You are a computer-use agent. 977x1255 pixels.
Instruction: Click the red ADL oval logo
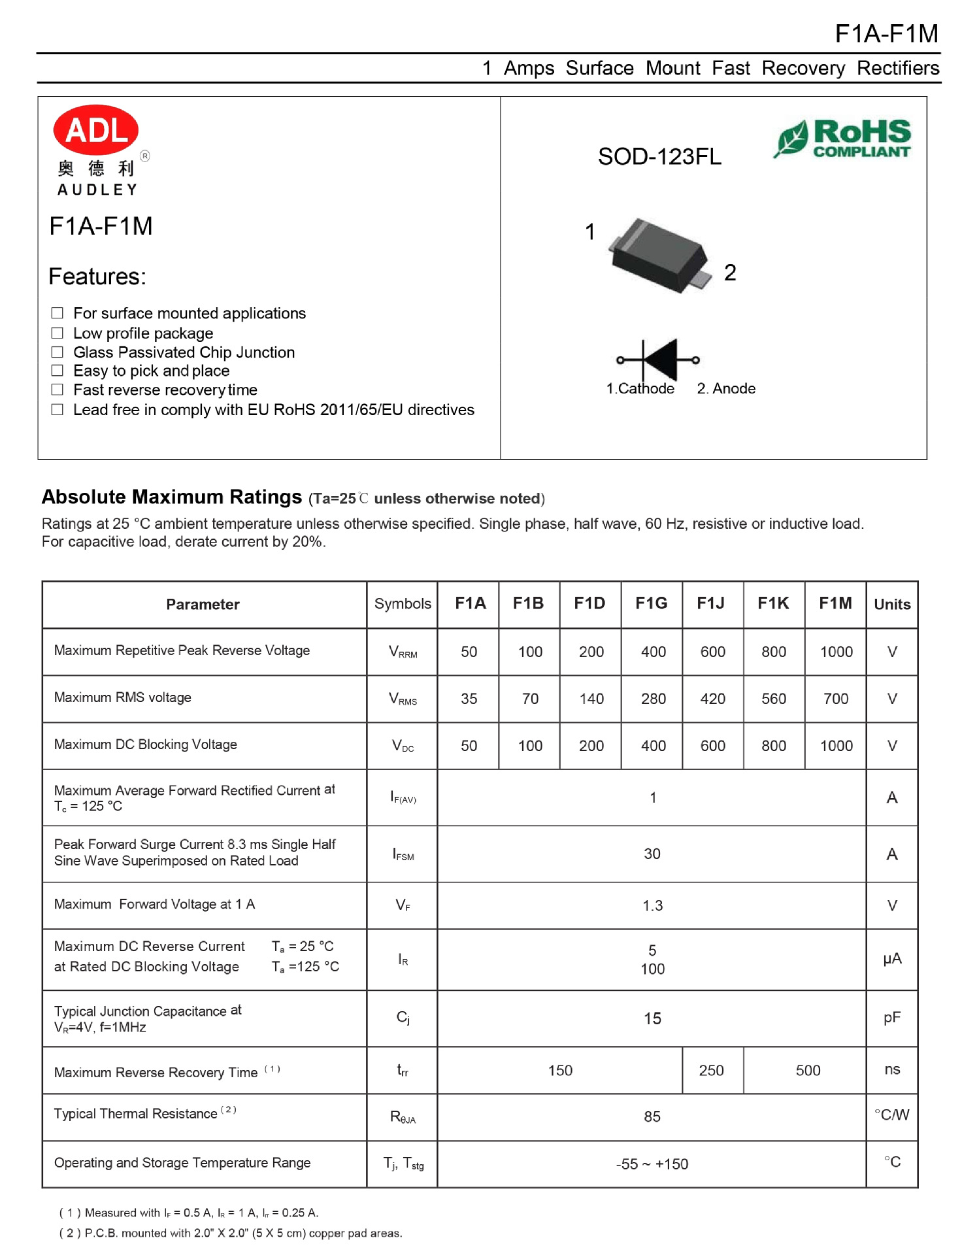pos(95,130)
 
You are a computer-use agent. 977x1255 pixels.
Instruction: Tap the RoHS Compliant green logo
pos(844,139)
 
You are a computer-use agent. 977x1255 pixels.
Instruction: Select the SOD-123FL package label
pos(659,157)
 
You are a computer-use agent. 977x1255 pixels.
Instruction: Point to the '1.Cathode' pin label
pos(640,388)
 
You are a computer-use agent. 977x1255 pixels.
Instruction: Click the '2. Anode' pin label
pos(726,388)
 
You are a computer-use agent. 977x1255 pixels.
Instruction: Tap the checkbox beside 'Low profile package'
pos(58,333)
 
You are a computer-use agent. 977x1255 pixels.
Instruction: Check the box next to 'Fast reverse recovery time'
pos(58,390)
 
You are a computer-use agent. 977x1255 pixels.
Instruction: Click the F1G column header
pos(651,603)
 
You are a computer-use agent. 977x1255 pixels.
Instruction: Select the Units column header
pos(891,604)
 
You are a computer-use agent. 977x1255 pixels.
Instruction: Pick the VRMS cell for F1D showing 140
pos(591,699)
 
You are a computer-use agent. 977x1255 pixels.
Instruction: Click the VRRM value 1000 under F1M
pos(836,652)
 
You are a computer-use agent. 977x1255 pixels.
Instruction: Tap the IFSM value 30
pos(652,854)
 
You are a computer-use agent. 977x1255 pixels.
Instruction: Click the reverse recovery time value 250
pos(711,1070)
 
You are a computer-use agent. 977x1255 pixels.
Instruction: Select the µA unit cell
pos(891,959)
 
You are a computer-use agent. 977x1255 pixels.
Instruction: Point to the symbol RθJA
pos(403,1117)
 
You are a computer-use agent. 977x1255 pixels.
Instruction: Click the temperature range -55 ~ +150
pos(652,1164)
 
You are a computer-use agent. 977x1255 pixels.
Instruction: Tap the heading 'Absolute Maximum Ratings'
pos(171,497)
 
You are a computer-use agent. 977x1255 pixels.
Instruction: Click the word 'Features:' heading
pos(97,276)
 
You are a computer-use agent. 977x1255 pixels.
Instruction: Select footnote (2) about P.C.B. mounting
pos(231,1233)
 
